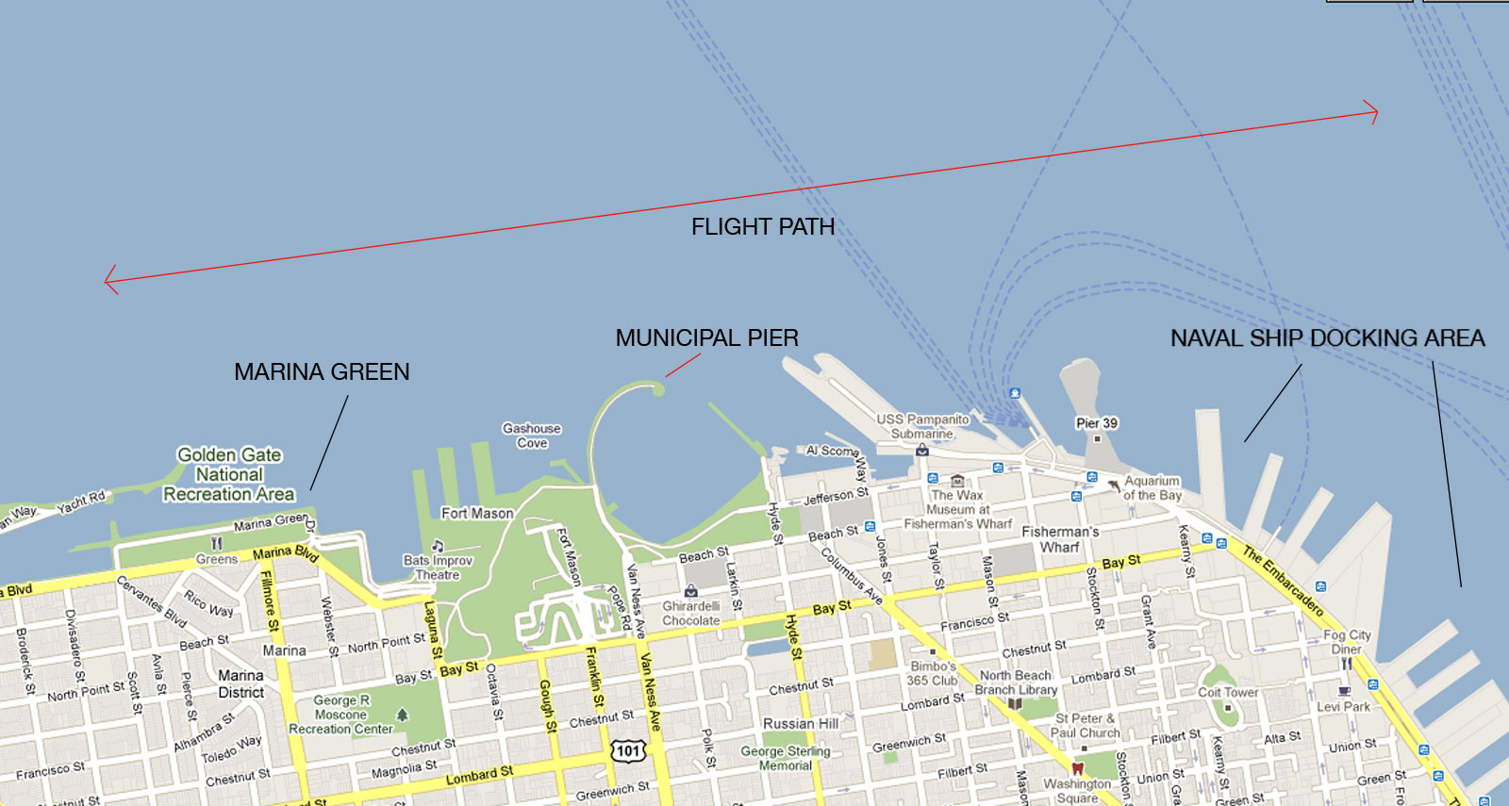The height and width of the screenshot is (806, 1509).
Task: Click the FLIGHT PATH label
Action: tap(762, 227)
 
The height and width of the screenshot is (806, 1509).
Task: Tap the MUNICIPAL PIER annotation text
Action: tap(706, 337)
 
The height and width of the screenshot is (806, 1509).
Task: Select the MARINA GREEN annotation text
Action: tap(322, 371)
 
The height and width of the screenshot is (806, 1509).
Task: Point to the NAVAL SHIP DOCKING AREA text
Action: tap(1327, 337)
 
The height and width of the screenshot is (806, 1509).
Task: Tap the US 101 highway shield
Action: tap(628, 750)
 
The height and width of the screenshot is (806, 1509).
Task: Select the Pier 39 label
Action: tap(1096, 423)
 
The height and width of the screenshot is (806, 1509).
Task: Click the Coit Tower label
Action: tap(1228, 692)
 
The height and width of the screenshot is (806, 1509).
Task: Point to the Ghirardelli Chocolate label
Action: tap(690, 614)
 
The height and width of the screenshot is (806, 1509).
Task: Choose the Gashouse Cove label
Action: tap(531, 436)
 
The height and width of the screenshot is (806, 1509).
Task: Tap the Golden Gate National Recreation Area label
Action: tap(229, 474)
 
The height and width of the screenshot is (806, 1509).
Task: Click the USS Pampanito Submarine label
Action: tap(922, 426)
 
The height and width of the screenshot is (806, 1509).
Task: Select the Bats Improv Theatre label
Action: tap(438, 567)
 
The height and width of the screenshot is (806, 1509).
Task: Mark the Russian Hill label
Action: tap(801, 723)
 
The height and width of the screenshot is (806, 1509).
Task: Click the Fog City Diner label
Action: tap(1347, 642)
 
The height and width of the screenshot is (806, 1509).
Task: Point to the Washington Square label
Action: tap(1077, 790)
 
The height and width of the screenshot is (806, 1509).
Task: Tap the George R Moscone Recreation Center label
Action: tap(340, 715)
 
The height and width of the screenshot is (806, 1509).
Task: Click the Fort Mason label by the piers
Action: tap(477, 513)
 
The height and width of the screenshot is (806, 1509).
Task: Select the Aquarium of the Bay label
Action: tap(1152, 487)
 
